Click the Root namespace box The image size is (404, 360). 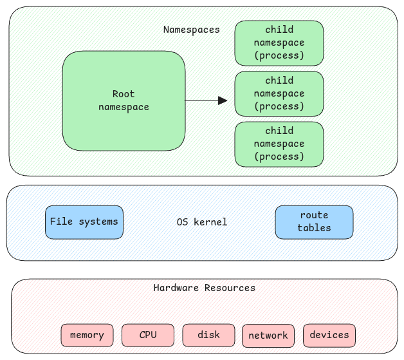point(124,100)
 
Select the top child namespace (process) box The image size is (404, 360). point(279,43)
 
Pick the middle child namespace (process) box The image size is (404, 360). point(279,93)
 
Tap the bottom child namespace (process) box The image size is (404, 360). point(279,144)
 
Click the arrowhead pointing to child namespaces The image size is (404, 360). point(223,100)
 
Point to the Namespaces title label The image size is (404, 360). point(191,30)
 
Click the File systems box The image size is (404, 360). point(84,222)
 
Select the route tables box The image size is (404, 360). point(314,222)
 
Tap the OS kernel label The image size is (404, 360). point(201,222)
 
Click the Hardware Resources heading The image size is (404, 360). point(204,288)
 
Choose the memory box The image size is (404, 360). point(87,335)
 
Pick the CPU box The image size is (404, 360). point(147,335)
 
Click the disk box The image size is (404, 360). point(208,335)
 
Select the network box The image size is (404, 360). point(268,336)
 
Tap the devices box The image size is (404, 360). point(329,335)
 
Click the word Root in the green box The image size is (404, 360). point(124,94)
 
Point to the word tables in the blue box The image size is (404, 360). point(314,228)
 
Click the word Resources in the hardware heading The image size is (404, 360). point(229,288)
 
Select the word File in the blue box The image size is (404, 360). point(62,222)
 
